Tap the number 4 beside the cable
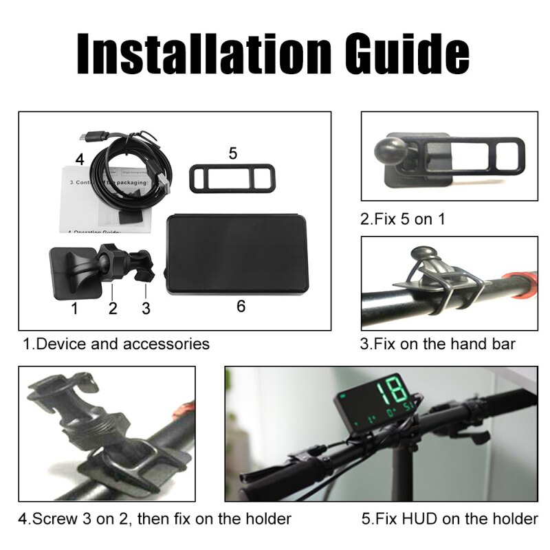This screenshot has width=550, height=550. pyautogui.click(x=80, y=159)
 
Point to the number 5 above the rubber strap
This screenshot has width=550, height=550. pyautogui.click(x=233, y=153)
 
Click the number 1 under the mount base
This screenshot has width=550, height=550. pyautogui.click(x=74, y=308)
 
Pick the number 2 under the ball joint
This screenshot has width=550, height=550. pyautogui.click(x=113, y=308)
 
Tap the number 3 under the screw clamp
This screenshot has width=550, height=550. pyautogui.click(x=146, y=308)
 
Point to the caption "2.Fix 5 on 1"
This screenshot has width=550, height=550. pyautogui.click(x=403, y=219)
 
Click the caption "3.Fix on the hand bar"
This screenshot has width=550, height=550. pyautogui.click(x=437, y=343)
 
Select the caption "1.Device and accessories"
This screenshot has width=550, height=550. pyautogui.click(x=116, y=343)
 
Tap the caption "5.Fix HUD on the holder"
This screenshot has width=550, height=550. pyautogui.click(x=450, y=518)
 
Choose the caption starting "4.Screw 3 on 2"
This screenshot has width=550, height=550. pyautogui.click(x=155, y=518)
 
